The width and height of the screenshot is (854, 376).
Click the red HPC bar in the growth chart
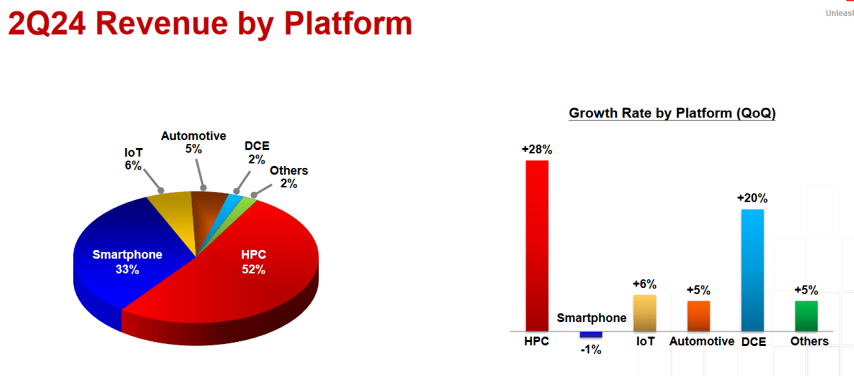pos(536,245)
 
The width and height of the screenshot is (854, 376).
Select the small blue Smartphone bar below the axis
pos(591,335)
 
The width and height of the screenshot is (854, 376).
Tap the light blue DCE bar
pos(753,270)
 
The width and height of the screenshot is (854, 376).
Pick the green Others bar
pos(806,316)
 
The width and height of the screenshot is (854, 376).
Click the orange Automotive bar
pos(698,316)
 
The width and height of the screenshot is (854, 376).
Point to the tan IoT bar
pos(645,313)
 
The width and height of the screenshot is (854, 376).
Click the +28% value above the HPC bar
pos(536,149)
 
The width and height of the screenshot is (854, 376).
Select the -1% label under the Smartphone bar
pos(591,349)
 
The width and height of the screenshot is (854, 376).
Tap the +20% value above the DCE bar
pos(752,198)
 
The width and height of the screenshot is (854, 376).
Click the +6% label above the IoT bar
pos(645,284)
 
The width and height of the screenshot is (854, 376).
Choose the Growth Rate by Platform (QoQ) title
pos(672,113)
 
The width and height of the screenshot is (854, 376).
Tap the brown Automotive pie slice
pos(208,214)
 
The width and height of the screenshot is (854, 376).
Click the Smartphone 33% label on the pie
pos(127,262)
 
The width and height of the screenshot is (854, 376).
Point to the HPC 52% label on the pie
pos(254,262)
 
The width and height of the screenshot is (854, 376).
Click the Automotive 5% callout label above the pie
pos(193,142)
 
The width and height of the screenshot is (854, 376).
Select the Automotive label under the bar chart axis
pos(702,341)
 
